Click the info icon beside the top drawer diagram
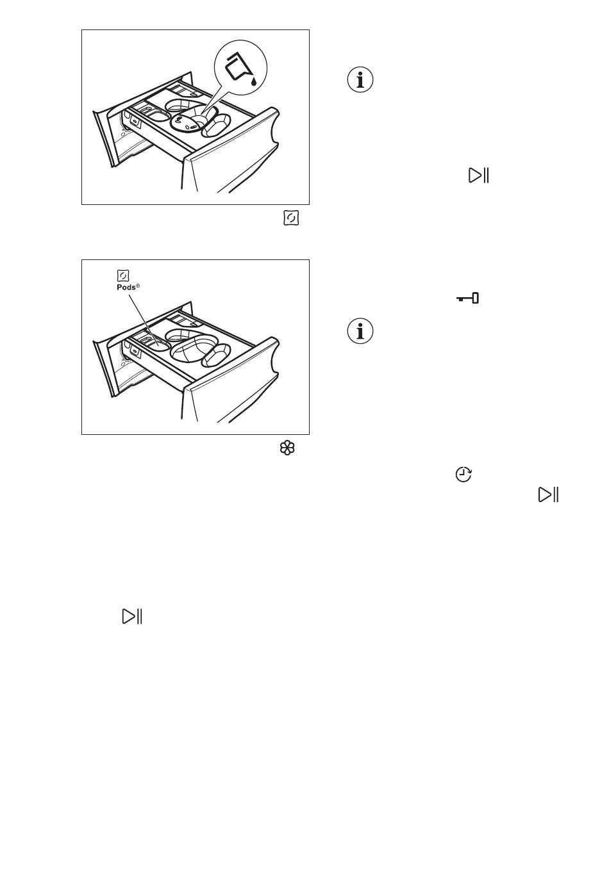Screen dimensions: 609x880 click(360, 79)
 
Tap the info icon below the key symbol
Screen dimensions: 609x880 click(360, 330)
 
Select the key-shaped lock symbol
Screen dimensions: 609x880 click(467, 298)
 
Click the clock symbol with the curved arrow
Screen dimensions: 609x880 click(463, 474)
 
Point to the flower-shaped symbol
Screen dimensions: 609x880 click(287, 448)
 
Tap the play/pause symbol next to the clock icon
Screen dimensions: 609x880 click(548, 494)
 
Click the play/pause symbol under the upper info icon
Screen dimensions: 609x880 click(478, 175)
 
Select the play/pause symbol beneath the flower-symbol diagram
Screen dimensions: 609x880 click(132, 616)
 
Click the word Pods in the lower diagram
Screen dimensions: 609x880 click(126, 287)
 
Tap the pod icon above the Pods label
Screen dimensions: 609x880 click(123, 276)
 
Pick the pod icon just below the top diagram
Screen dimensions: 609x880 click(291, 218)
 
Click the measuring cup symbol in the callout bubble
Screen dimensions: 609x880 click(237, 67)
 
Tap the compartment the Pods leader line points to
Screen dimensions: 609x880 click(157, 343)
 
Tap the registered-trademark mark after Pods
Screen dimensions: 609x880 click(138, 286)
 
